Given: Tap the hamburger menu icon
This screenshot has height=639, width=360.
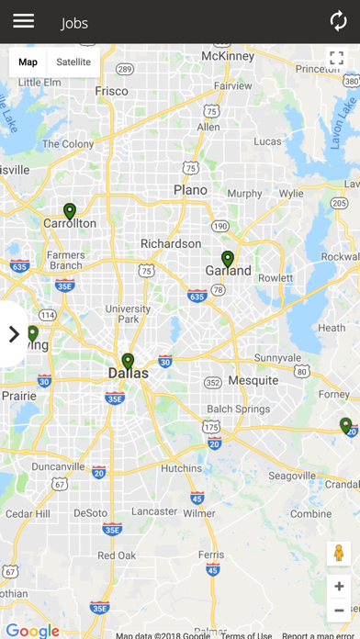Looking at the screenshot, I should (23, 21).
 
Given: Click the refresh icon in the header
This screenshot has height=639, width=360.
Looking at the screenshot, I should (338, 21).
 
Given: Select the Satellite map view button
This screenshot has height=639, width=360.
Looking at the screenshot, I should (73, 62).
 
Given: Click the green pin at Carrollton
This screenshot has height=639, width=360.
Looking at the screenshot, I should (69, 211).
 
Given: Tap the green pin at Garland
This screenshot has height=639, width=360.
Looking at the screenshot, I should (228, 259).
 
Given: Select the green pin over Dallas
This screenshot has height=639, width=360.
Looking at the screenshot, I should (128, 361).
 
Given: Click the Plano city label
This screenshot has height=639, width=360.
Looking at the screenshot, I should (190, 190).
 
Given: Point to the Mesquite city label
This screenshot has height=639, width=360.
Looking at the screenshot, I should (253, 380).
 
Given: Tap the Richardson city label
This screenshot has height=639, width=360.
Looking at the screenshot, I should (170, 243).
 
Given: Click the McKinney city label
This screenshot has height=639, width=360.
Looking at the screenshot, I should (227, 56).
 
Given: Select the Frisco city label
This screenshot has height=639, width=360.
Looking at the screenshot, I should (111, 91).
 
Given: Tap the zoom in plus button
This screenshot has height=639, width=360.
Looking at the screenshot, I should (339, 586).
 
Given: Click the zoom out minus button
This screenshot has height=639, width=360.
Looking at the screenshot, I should (339, 610).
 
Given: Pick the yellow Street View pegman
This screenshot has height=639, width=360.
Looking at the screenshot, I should (339, 553).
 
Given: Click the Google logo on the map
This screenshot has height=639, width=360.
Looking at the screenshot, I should (32, 631).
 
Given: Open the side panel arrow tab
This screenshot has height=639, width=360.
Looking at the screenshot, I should (13, 334).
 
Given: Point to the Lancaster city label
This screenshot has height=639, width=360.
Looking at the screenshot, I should (155, 511).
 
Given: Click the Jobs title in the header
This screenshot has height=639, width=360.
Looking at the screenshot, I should (74, 23).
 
